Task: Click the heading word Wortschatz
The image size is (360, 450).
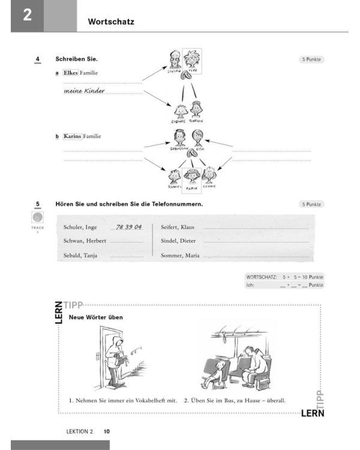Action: coord(110,22)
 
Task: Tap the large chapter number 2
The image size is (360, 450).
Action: coord(26,16)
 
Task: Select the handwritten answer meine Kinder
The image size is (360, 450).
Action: coord(84,91)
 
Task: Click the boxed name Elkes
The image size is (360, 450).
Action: coord(71,73)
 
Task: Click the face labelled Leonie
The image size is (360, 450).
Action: coord(209,175)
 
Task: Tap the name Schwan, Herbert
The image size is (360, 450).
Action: coord(84,241)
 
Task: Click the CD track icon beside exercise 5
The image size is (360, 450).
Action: coord(37,218)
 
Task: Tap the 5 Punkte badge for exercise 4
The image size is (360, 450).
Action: coord(311,59)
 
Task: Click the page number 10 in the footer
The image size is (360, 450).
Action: coord(107,431)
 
